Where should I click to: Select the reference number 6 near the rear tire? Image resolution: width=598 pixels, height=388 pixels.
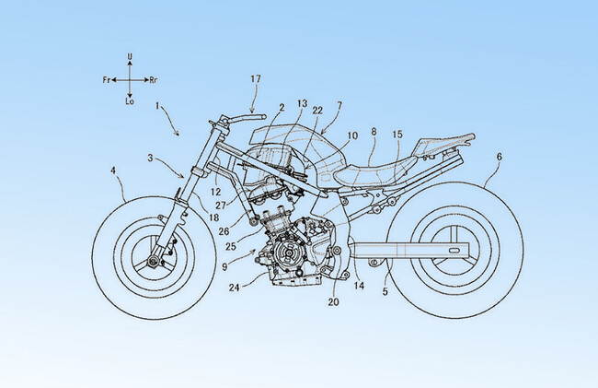coord(499,157)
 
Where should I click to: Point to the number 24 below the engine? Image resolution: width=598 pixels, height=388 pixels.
coord(236,287)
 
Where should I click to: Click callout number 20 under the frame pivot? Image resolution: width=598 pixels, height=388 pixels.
coord(332,301)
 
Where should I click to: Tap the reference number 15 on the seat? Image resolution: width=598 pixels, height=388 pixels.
coord(397,135)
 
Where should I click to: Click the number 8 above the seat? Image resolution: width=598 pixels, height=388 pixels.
coord(373,132)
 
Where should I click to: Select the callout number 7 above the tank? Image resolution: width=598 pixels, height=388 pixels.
coord(339,106)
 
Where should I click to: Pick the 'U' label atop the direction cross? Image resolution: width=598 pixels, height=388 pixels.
coord(131,57)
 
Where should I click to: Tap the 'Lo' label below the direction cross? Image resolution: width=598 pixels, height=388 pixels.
coord(131,101)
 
